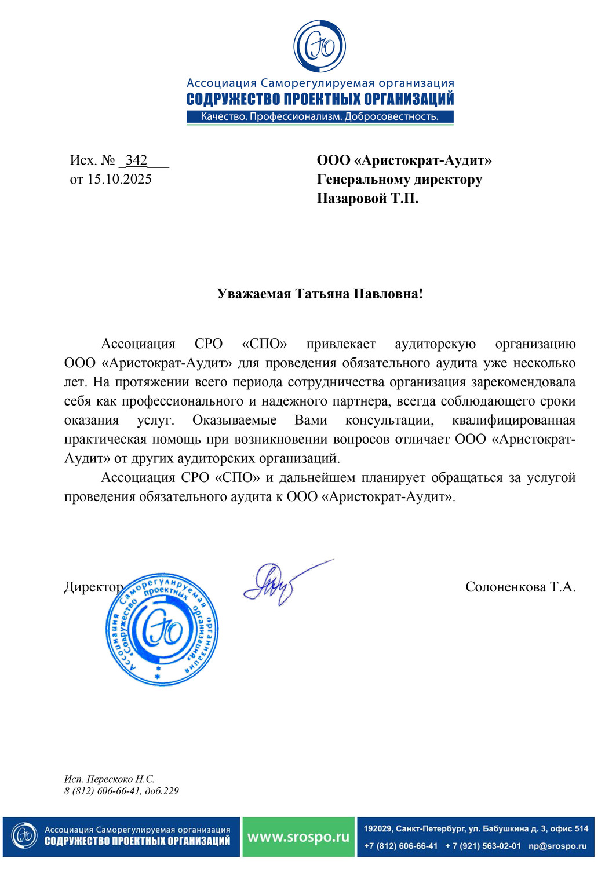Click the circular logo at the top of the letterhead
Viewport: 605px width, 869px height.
point(319,47)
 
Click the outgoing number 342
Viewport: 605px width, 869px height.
point(136,160)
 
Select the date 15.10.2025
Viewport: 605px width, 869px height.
point(119,180)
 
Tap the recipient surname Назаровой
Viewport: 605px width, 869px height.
point(351,199)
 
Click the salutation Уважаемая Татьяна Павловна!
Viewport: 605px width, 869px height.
point(320,294)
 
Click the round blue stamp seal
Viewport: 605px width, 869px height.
point(162,630)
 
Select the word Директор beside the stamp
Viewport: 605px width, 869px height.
point(93,587)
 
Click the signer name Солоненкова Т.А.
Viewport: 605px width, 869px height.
point(520,587)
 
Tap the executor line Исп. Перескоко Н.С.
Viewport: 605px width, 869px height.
point(109,779)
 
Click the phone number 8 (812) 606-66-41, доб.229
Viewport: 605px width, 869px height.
point(121,791)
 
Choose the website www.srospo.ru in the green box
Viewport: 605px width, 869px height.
point(298,837)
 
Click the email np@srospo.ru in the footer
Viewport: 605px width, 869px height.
point(557,846)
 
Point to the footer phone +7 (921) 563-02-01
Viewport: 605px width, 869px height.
point(483,846)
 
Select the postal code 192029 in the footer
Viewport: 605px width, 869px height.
point(377,829)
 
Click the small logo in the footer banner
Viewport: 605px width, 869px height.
point(24,836)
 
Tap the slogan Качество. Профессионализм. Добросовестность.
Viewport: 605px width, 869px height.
point(319,117)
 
